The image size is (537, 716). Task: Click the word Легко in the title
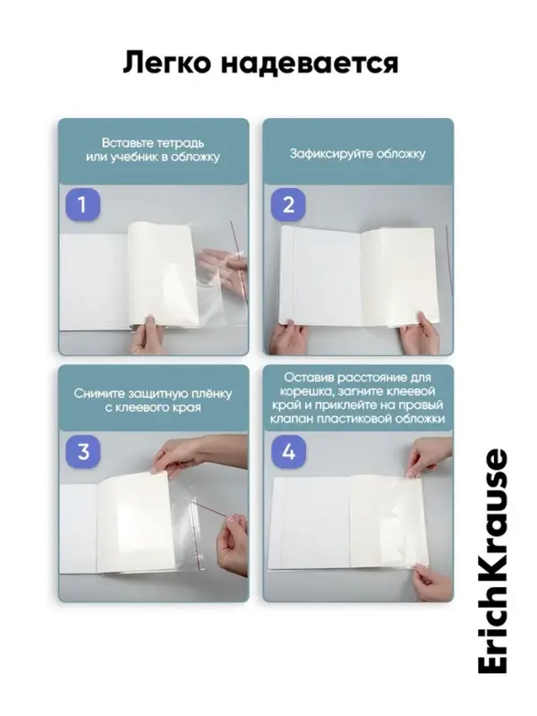point(167,63)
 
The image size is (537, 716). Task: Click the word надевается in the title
point(310,64)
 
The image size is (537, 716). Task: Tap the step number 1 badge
point(82,205)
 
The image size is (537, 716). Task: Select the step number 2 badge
point(288,205)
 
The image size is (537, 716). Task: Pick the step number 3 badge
point(82,452)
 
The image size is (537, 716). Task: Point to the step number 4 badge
point(288,452)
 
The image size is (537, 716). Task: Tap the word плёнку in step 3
point(210,394)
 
